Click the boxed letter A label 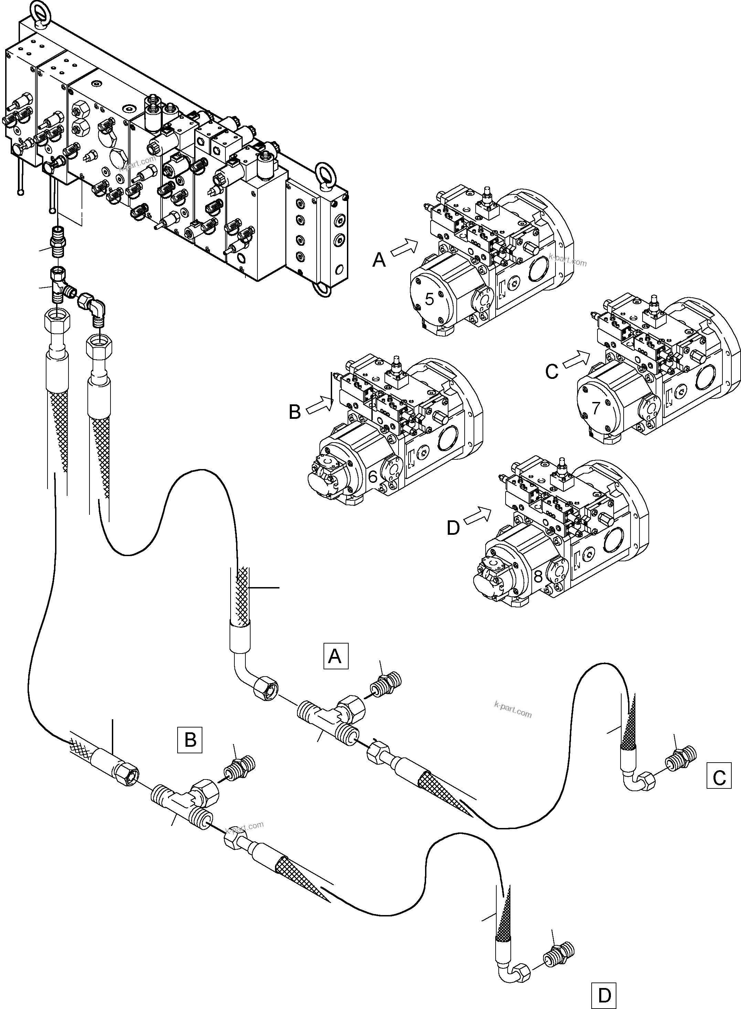[336, 656]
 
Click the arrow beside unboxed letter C [576, 360]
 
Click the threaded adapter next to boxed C [680, 759]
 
